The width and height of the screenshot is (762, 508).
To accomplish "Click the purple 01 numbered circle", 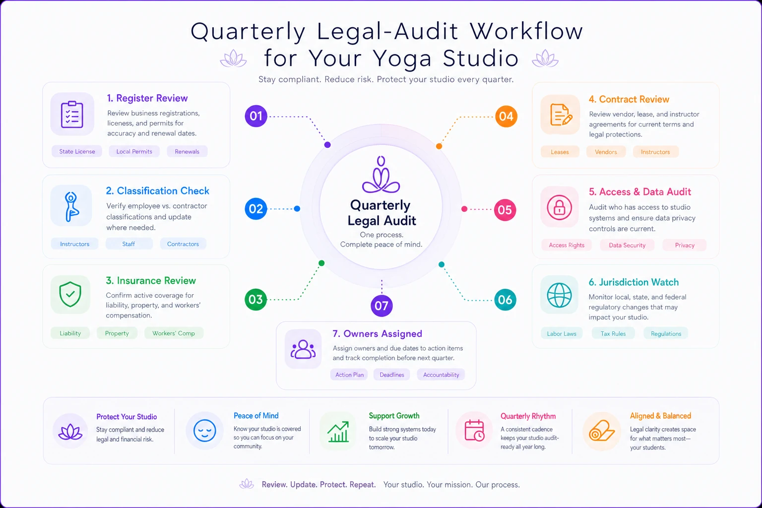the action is [x=256, y=116].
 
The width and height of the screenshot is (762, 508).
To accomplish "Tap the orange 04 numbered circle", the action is [x=506, y=117].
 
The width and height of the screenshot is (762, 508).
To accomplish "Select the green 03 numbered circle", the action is [x=255, y=300].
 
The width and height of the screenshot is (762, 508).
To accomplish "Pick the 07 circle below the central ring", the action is [x=381, y=306].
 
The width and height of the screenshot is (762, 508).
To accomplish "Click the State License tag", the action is [x=77, y=151].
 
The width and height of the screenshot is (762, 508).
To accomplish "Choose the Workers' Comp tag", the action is [x=174, y=333].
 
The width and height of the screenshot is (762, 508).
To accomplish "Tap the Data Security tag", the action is [x=627, y=245].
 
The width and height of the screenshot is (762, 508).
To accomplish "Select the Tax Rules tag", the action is [x=613, y=333].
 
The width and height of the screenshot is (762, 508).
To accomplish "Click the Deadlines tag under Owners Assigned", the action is [x=392, y=375].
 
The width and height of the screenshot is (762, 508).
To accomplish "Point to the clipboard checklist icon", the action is [x=72, y=114].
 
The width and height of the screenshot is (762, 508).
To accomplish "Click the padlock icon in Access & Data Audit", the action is [x=559, y=207].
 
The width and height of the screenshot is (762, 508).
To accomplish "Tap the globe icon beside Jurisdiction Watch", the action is [x=559, y=295].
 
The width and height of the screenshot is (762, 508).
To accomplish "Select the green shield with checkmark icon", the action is [x=70, y=294].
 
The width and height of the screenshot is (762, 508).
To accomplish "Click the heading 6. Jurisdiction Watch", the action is [x=634, y=282].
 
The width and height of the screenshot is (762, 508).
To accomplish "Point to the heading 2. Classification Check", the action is [x=157, y=190].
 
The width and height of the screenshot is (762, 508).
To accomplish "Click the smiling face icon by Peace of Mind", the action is [x=204, y=431].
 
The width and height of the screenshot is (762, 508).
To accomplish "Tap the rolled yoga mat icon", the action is [x=602, y=431].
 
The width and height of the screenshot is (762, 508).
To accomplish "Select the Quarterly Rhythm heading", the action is [x=528, y=416].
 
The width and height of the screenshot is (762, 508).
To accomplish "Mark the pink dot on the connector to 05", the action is [x=464, y=209].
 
